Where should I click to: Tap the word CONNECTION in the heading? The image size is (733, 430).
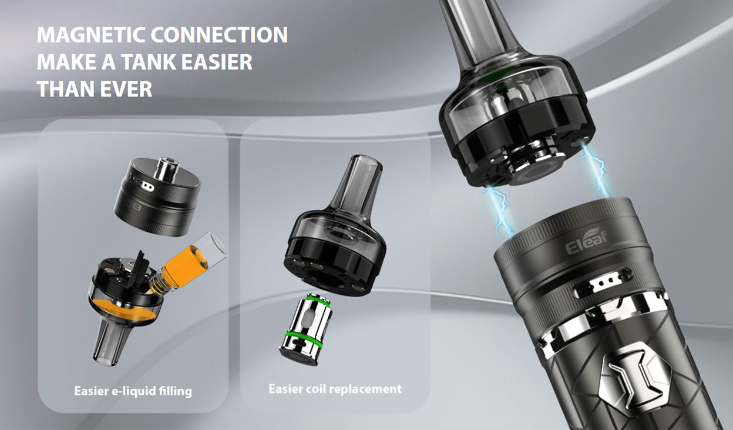click(219, 35)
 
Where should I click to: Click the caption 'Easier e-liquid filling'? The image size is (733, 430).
click(133, 391)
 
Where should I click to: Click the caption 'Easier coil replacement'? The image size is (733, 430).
click(335, 389)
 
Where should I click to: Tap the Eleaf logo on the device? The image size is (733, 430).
click(586, 242)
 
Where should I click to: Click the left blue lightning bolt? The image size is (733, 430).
click(499, 209)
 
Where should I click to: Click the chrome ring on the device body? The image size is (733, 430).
click(593, 324)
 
